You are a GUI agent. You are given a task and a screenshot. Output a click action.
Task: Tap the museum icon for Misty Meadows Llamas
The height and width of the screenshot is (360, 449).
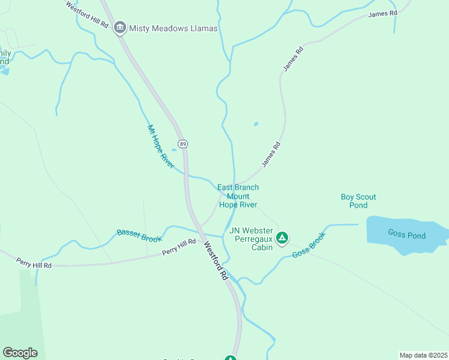pyautogui.click(x=120, y=27)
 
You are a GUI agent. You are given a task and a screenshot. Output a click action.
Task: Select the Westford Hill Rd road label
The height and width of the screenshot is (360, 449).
pyautogui.click(x=87, y=16)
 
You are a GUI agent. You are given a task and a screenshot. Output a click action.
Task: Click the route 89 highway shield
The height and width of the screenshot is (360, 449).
pyautogui.click(x=183, y=144)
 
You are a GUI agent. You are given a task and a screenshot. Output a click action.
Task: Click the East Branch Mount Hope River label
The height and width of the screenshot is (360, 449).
pyautogui.click(x=238, y=196)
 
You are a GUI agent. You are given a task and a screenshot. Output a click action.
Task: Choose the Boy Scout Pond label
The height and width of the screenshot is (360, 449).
pyautogui.click(x=358, y=201)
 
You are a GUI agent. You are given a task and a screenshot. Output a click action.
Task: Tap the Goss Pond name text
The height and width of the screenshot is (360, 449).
pyautogui.click(x=406, y=235)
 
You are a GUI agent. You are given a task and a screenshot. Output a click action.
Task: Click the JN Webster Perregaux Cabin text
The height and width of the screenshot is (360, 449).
pyautogui.click(x=250, y=239)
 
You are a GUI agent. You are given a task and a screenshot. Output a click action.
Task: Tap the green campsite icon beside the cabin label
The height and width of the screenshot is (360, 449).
pyautogui.click(x=282, y=238)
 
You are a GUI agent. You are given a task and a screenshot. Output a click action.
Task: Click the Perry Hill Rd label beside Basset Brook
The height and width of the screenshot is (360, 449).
pyautogui.click(x=179, y=247)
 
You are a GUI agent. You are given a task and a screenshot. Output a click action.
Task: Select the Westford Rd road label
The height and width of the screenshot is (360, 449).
pyautogui.click(x=215, y=261)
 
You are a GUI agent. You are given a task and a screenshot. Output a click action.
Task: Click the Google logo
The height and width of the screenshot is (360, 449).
pyautogui.click(x=20, y=353)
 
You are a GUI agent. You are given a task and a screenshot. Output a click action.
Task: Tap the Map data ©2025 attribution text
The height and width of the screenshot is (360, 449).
pyautogui.click(x=423, y=355)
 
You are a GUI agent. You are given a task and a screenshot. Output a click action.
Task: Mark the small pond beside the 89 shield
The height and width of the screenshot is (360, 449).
pyautogui.click(x=175, y=149)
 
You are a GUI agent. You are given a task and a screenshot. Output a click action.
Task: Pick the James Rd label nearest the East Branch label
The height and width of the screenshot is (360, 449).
pyautogui.click(x=271, y=154)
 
